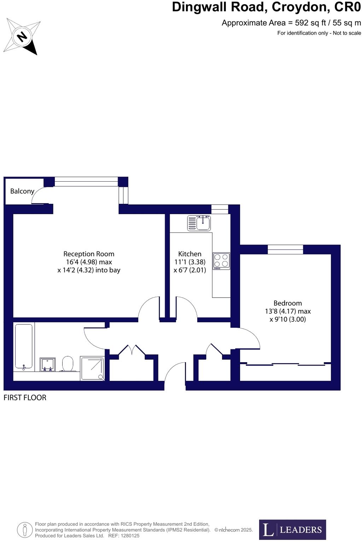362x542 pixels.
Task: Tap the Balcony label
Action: point(22,191)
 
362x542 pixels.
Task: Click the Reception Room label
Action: point(89,254)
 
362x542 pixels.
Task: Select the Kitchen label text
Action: point(190,254)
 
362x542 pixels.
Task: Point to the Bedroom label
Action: point(288,303)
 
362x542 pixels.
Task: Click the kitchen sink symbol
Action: point(199,223)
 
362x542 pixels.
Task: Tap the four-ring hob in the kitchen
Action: point(221,261)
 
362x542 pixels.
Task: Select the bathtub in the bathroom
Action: point(24,347)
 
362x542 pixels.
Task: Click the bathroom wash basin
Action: point(47,364)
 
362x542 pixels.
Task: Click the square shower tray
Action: point(93,368)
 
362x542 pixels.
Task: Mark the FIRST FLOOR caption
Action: point(25,397)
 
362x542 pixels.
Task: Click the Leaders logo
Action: point(292,529)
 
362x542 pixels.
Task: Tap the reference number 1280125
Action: point(129,536)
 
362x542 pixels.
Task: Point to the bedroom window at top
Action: point(285,249)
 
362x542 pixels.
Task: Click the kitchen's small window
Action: point(220,209)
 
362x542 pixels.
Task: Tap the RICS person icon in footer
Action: point(25,530)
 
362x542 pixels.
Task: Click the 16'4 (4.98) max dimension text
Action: point(89,262)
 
